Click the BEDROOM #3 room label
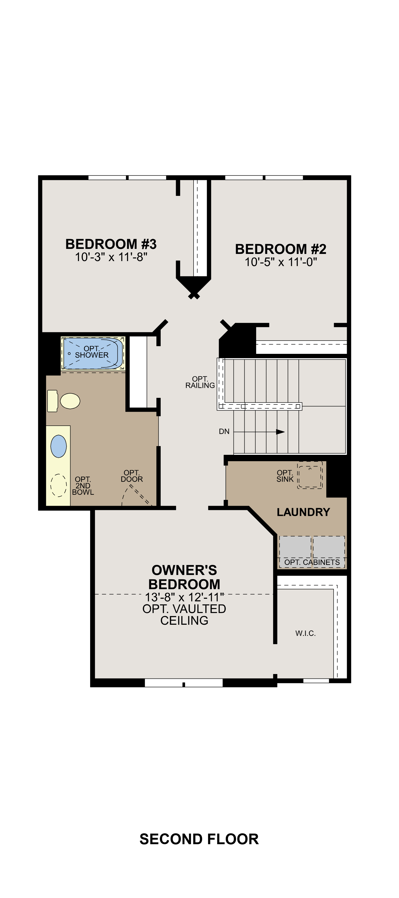[111, 244]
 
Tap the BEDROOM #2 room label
[281, 249]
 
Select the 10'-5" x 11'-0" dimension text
[281, 262]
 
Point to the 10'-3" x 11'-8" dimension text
[111, 257]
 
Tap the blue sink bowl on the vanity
[59, 446]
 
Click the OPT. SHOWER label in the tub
[92, 352]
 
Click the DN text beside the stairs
[224, 432]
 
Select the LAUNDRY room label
[303, 512]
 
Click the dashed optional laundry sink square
[310, 476]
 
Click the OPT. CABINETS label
[312, 562]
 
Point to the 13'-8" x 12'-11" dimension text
[184, 597]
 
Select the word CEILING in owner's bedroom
[184, 620]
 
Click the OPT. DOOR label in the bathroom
[131, 476]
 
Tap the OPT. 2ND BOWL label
[83, 486]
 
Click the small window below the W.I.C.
[316, 680]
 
